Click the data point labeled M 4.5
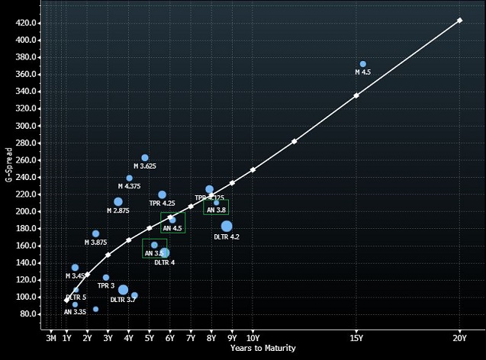362,64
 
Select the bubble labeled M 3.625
145,158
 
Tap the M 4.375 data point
129,178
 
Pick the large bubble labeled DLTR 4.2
227,226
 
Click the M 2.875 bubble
118,201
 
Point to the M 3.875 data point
95,233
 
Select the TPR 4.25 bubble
162,194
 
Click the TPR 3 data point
106,278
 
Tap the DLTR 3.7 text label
123,300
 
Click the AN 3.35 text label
75,312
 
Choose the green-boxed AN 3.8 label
216,210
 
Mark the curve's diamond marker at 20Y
459,21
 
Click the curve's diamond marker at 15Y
356,95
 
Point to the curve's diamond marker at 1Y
66,301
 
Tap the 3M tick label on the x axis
50,337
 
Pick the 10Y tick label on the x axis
253,337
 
